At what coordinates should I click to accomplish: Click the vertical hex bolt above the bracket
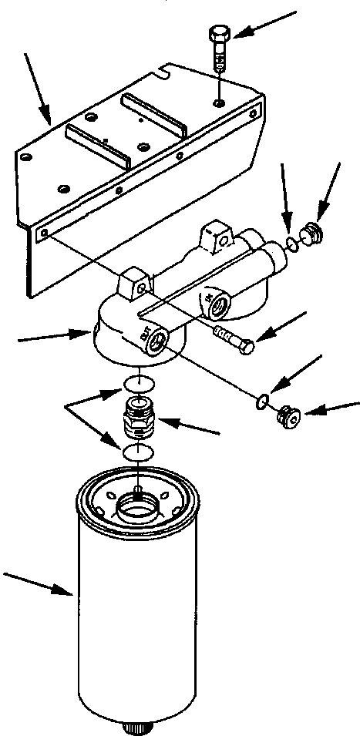(x=218, y=46)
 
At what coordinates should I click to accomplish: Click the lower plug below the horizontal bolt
(x=288, y=416)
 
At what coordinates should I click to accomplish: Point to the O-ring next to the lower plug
(x=263, y=399)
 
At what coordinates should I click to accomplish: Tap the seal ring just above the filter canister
(x=136, y=452)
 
